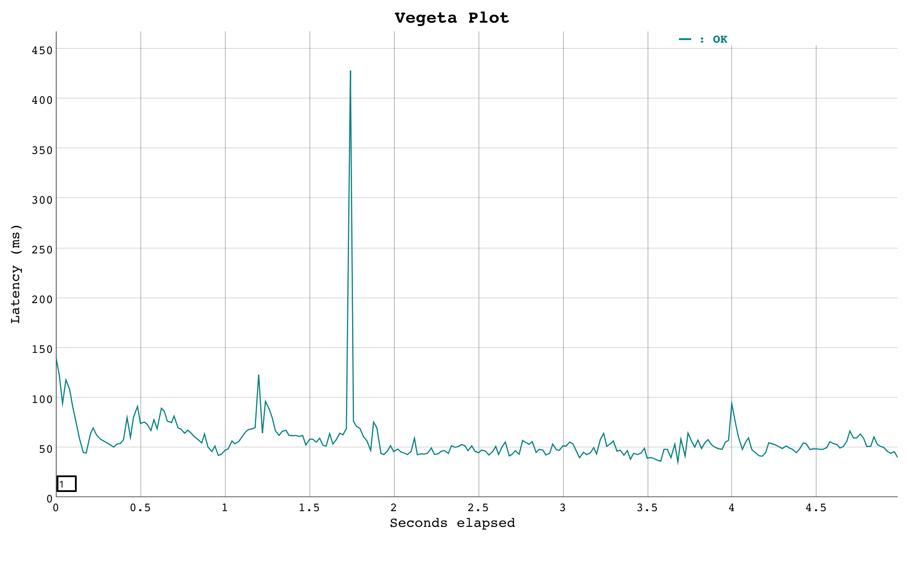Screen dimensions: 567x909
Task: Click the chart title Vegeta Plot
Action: coord(452,18)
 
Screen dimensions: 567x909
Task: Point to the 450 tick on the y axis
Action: coord(42,50)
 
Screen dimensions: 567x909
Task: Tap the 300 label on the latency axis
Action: coord(42,200)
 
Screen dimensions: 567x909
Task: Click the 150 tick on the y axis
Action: coord(42,349)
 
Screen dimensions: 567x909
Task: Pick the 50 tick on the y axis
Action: coord(45,448)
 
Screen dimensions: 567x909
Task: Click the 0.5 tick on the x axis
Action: coord(140,508)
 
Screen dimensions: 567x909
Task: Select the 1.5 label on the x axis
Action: coord(309,508)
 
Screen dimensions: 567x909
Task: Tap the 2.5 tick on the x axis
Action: coord(478,508)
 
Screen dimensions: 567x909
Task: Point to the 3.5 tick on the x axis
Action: coord(648,508)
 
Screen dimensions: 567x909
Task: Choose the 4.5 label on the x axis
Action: coord(816,508)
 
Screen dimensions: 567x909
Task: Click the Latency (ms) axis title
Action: coord(16,274)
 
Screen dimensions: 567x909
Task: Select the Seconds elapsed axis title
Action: coord(452,523)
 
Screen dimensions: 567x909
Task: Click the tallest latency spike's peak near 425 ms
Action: coord(350,71)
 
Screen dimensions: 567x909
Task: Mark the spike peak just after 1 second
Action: coord(258,375)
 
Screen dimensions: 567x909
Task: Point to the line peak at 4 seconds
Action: coord(732,403)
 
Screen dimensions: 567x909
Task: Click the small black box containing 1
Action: coord(66,484)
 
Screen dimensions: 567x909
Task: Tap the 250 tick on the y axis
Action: coord(42,249)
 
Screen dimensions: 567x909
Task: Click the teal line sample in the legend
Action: coord(685,39)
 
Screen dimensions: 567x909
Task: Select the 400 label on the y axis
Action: coord(42,100)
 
